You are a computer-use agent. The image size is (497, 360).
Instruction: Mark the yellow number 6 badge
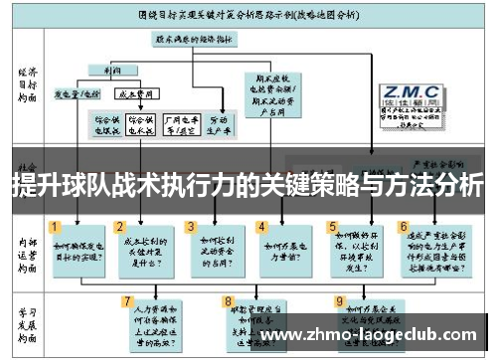(x=403, y=227)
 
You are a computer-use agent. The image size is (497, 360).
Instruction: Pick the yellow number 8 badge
(x=229, y=300)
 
